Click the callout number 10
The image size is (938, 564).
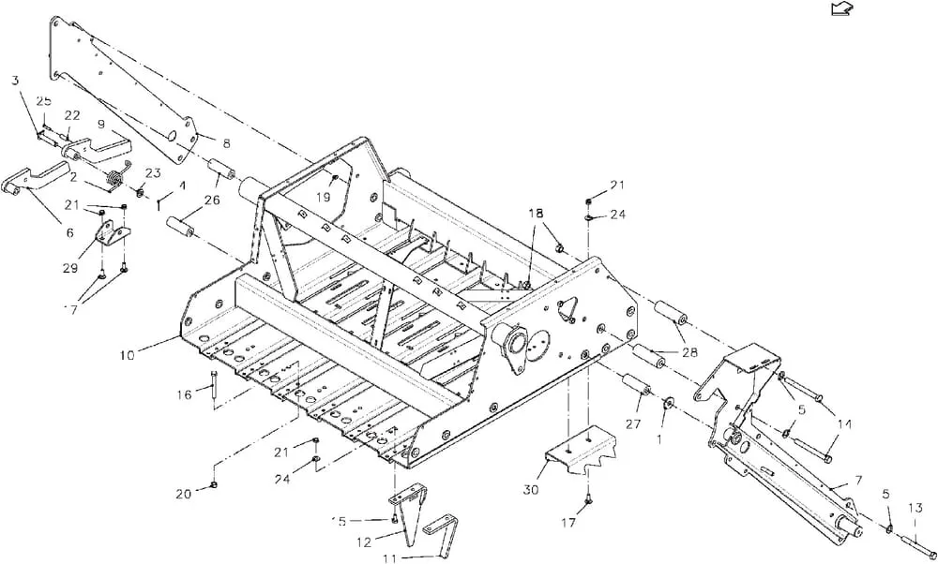pyautogui.click(x=127, y=355)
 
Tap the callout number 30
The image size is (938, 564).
pyautogui.click(x=531, y=490)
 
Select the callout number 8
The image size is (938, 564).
pyautogui.click(x=226, y=143)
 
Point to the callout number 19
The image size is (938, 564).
pyautogui.click(x=324, y=197)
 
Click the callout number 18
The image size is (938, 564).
pyautogui.click(x=536, y=214)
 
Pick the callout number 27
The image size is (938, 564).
pyautogui.click(x=633, y=424)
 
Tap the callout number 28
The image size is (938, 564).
pyautogui.click(x=689, y=352)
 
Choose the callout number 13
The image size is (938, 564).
pyautogui.click(x=915, y=509)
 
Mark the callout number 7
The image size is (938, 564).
pyautogui.click(x=858, y=480)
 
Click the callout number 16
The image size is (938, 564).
pyautogui.click(x=184, y=394)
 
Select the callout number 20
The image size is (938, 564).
pyautogui.click(x=184, y=494)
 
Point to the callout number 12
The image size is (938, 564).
pyautogui.click(x=364, y=542)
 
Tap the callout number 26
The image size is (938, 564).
pyautogui.click(x=212, y=200)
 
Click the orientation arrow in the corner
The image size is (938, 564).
pyautogui.click(x=842, y=8)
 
